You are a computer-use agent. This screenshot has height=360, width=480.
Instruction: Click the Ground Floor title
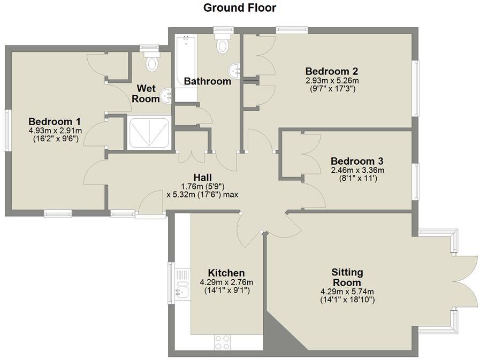coord(240,7)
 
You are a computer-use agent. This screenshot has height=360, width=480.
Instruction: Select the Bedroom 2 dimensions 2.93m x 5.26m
coord(331,80)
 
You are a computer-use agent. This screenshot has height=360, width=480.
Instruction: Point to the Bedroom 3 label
coord(357,161)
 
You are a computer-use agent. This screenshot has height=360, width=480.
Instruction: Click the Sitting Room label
coord(346,277)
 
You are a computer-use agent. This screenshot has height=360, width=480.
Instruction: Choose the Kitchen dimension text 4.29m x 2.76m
coord(226,282)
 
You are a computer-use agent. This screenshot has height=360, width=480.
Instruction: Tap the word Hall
coord(202,177)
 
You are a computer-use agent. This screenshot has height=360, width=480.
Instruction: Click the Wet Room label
coord(148,93)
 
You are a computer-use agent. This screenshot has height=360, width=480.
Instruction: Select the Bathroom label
coord(208,81)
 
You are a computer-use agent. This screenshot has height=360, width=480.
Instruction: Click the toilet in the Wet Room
coord(152,62)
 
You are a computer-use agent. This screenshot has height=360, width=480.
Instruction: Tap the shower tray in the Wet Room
coord(149,133)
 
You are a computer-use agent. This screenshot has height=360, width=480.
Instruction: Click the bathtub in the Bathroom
coord(186,67)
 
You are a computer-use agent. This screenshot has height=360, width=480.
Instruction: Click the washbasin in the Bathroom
coord(234,70)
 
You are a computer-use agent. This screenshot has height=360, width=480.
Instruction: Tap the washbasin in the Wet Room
coord(166,95)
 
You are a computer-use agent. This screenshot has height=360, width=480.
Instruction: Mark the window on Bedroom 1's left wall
coord(7,130)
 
